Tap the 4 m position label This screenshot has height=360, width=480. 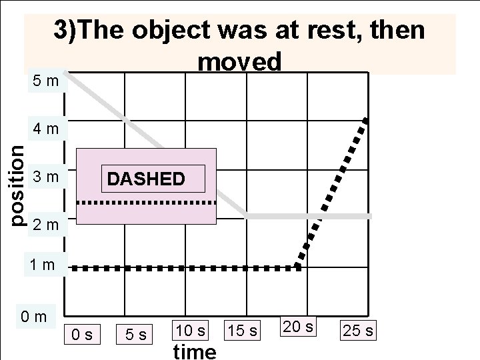(x=46, y=127)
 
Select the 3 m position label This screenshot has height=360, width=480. (x=46, y=178)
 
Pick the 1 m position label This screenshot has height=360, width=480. (x=41, y=265)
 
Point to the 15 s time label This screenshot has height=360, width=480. (x=243, y=329)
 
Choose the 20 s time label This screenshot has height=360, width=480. (x=297, y=326)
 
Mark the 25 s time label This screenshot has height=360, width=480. (x=358, y=330)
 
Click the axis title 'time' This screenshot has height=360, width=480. (x=194, y=351)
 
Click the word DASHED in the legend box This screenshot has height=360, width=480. (x=145, y=179)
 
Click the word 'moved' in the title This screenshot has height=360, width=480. (x=240, y=61)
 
